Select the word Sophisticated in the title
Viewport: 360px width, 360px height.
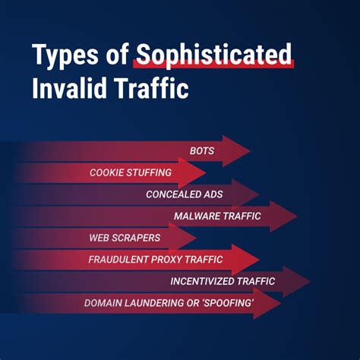tap(213, 55)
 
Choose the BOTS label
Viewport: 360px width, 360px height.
tap(202, 151)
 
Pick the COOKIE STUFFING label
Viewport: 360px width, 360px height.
tap(130, 172)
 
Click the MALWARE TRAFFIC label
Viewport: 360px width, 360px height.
tap(217, 216)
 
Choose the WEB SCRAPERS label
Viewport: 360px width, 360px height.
tap(124, 238)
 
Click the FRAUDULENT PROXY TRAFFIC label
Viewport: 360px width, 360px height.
tap(155, 260)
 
